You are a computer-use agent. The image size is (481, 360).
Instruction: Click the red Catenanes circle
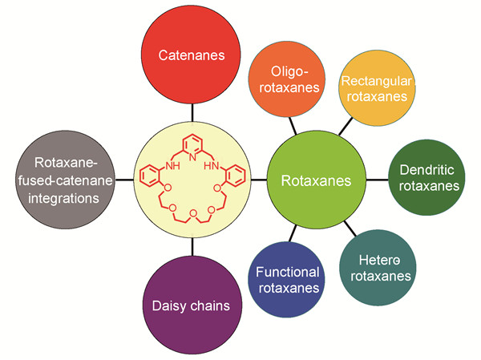tap(192, 55)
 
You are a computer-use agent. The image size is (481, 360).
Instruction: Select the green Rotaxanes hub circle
tap(317, 181)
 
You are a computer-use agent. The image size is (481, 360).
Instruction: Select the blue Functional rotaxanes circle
tap(288, 280)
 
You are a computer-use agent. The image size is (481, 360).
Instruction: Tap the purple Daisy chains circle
tap(192, 305)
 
